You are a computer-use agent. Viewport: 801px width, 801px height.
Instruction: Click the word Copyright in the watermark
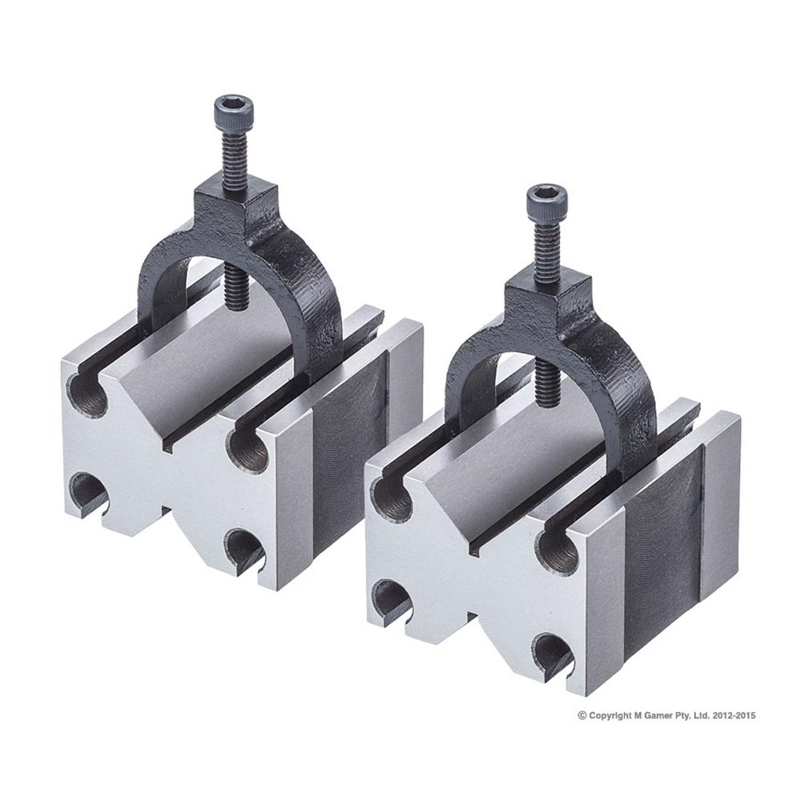pyautogui.click(x=611, y=715)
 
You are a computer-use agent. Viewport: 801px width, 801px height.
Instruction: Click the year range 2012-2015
pyautogui.click(x=731, y=715)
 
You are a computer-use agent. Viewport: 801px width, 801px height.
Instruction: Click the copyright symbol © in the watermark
pyautogui.click(x=582, y=715)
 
